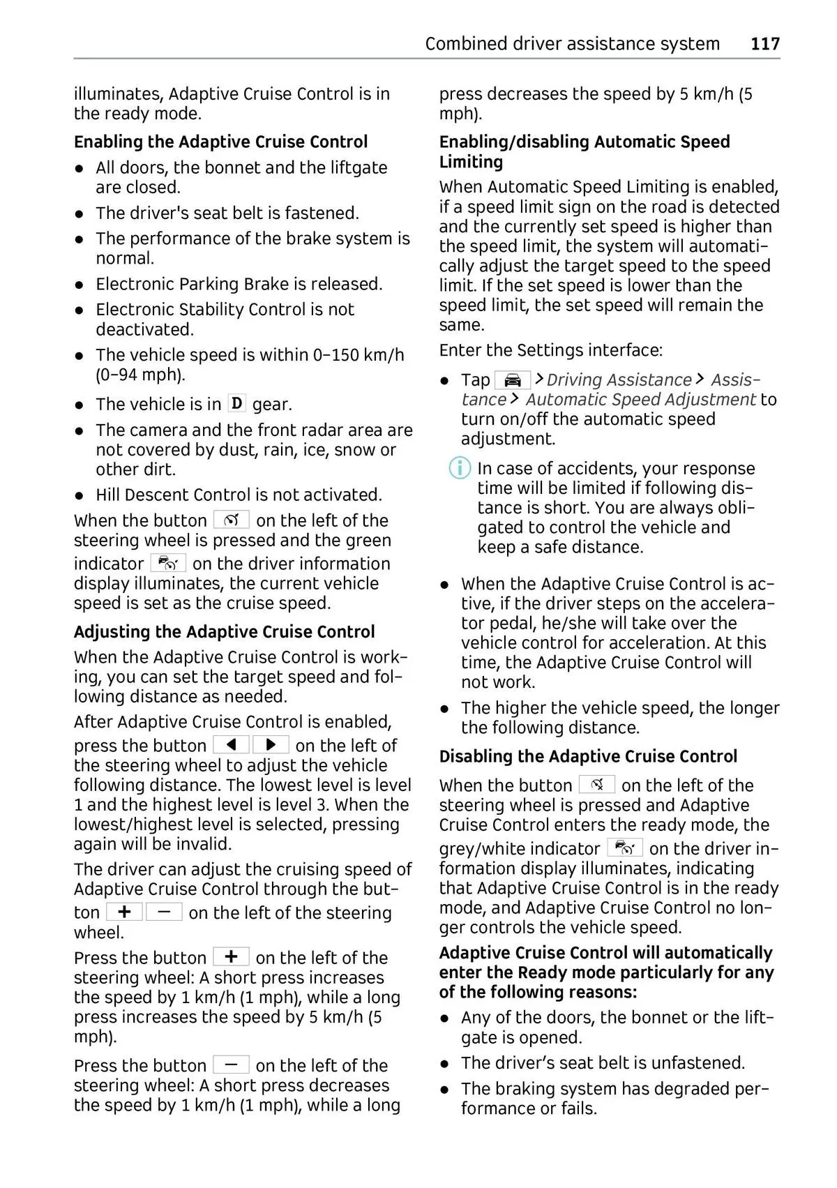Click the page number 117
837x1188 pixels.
click(x=765, y=43)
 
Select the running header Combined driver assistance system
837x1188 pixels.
click(x=572, y=43)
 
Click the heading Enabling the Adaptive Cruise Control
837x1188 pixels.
click(x=220, y=142)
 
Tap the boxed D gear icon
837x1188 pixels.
click(x=237, y=403)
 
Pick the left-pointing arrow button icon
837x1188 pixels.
click(x=231, y=744)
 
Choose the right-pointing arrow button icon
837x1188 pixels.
click(x=271, y=744)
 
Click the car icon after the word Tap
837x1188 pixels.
click(x=513, y=379)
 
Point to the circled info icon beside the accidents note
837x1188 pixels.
click(x=459, y=468)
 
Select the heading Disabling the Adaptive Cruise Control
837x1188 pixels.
click(x=588, y=756)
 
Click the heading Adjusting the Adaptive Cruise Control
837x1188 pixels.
click(x=224, y=631)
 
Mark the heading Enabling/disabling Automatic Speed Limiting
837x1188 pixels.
click(x=585, y=151)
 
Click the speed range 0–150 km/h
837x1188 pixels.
click(x=359, y=354)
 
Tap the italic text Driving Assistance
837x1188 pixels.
click(x=619, y=379)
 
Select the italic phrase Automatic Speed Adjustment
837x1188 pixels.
click(x=640, y=399)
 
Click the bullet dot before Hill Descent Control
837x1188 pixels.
click(x=81, y=495)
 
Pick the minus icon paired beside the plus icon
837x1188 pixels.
click(x=165, y=912)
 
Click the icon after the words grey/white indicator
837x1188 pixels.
click(x=625, y=848)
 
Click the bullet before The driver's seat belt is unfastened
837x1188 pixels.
click(x=445, y=1064)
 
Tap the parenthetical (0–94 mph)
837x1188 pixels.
click(x=140, y=375)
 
